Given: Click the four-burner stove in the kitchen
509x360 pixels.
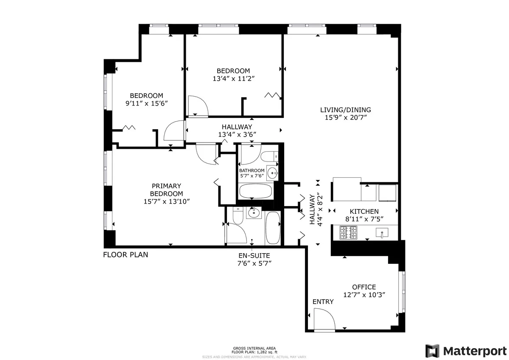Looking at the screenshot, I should point(348,232).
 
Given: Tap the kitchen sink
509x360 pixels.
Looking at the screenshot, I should point(382,232).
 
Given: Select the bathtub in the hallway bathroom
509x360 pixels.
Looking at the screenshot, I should point(256,191).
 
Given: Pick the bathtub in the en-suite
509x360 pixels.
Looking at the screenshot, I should point(273,228).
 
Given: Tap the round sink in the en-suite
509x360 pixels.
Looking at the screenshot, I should point(254,213).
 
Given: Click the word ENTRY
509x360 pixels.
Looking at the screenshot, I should point(323,302).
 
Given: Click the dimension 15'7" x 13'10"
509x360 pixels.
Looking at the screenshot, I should point(166,201).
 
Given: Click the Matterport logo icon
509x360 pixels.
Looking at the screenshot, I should point(432,351).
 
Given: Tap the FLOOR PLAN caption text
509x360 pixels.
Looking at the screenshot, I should point(126,255).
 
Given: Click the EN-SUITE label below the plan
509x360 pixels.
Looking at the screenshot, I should point(254,255).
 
